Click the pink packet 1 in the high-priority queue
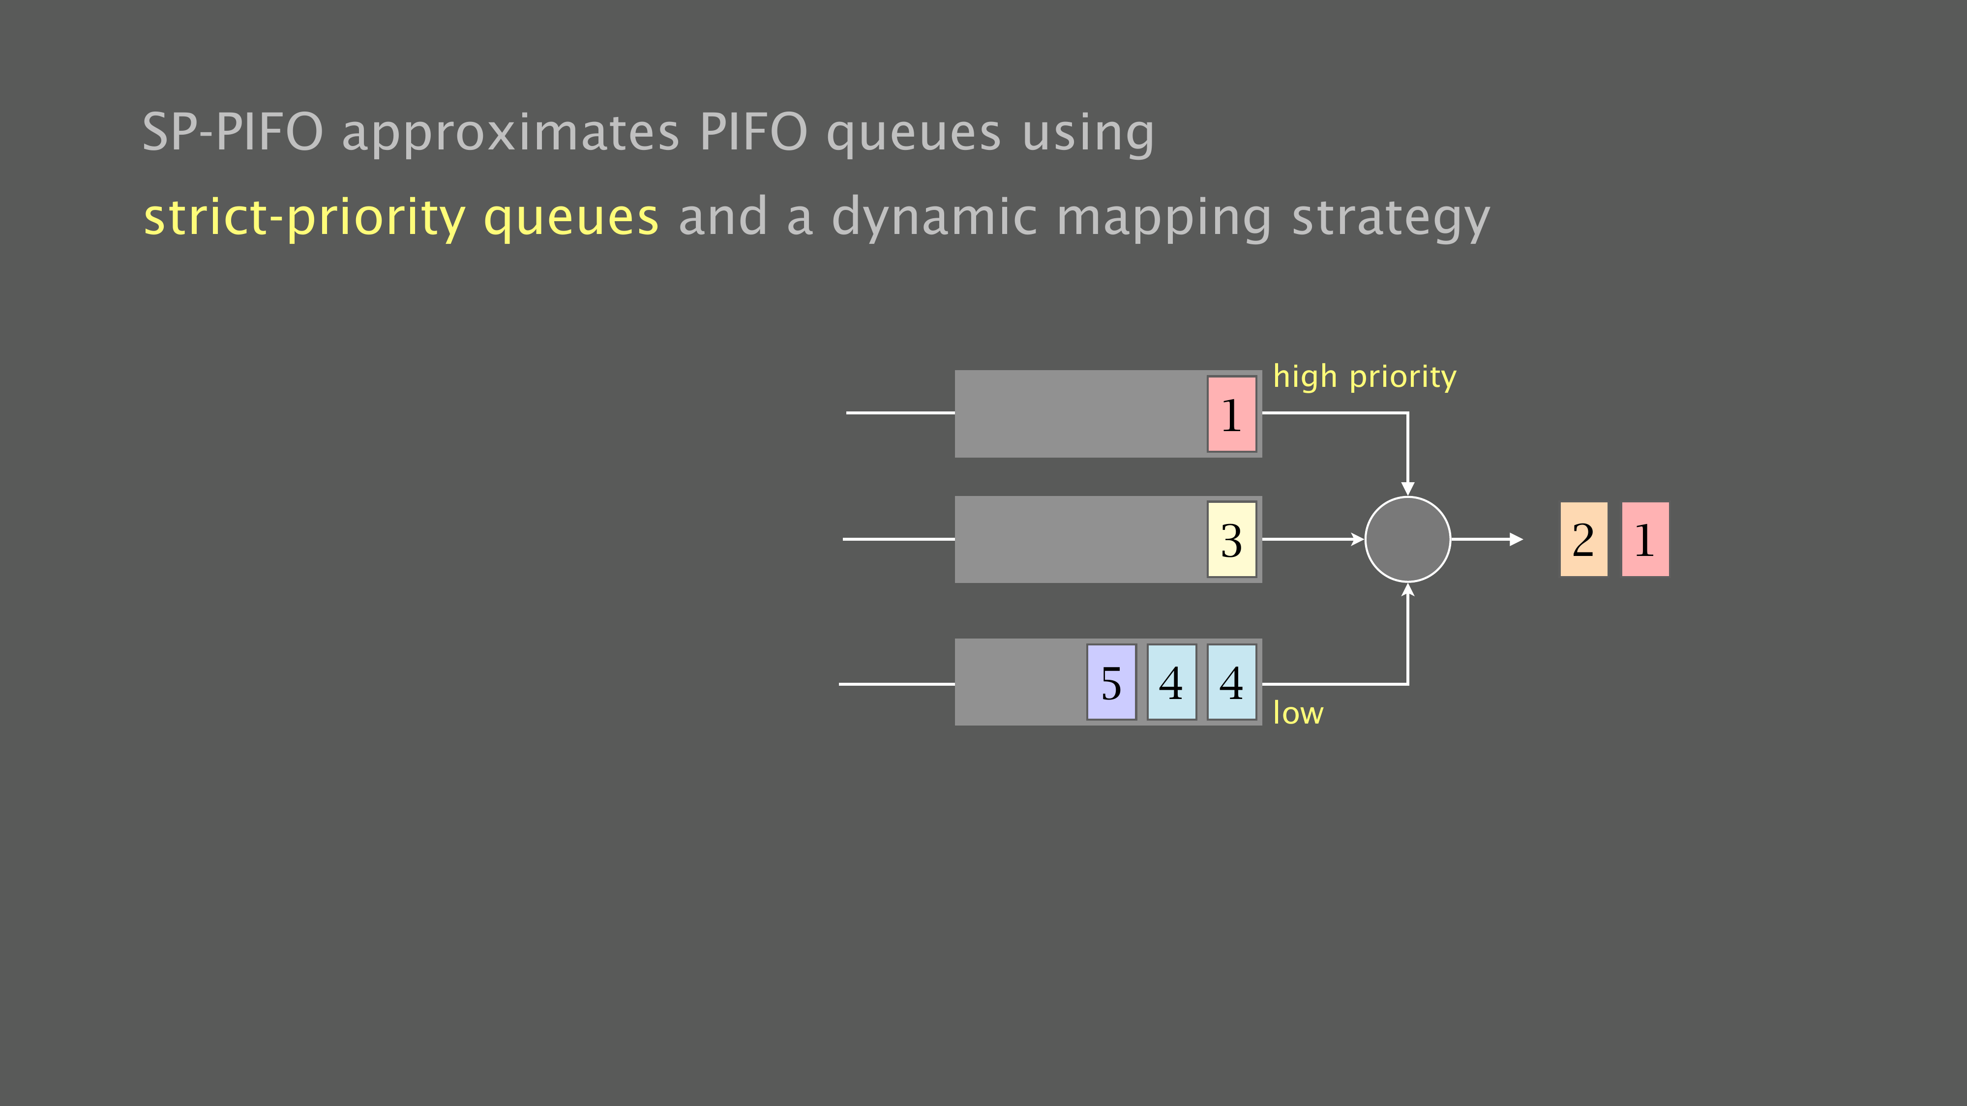pyautogui.click(x=1232, y=414)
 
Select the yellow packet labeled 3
pyautogui.click(x=1232, y=539)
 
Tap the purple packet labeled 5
pyautogui.click(x=1112, y=682)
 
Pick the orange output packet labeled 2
pyautogui.click(x=1583, y=539)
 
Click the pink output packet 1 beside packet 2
pyautogui.click(x=1645, y=539)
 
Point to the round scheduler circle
pyautogui.click(x=1407, y=539)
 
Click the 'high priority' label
pyautogui.click(x=1365, y=377)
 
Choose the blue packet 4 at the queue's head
pyautogui.click(x=1232, y=682)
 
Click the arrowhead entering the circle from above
pyautogui.click(x=1407, y=489)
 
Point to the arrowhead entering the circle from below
pyautogui.click(x=1407, y=589)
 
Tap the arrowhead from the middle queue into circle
pyautogui.click(x=1358, y=539)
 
